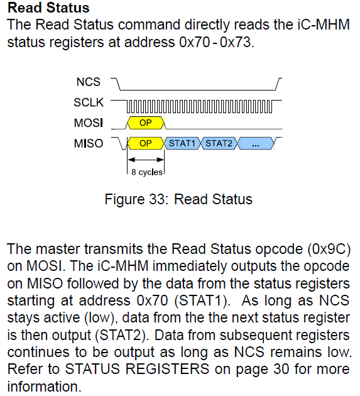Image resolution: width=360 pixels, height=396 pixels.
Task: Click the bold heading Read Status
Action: (48, 9)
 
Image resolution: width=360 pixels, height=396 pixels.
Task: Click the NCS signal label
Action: (89, 82)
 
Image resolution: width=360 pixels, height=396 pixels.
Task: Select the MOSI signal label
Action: (89, 122)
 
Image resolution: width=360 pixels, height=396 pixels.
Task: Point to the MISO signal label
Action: (89, 143)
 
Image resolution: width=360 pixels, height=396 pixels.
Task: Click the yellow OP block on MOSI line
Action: (145, 122)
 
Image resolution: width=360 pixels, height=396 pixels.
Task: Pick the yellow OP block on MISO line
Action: (146, 143)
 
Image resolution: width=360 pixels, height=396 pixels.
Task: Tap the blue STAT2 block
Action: (219, 143)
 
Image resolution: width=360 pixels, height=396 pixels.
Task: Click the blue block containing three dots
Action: (256, 143)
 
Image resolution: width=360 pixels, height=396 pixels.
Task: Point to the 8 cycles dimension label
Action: (146, 171)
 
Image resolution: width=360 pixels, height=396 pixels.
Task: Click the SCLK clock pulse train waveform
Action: (200, 102)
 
